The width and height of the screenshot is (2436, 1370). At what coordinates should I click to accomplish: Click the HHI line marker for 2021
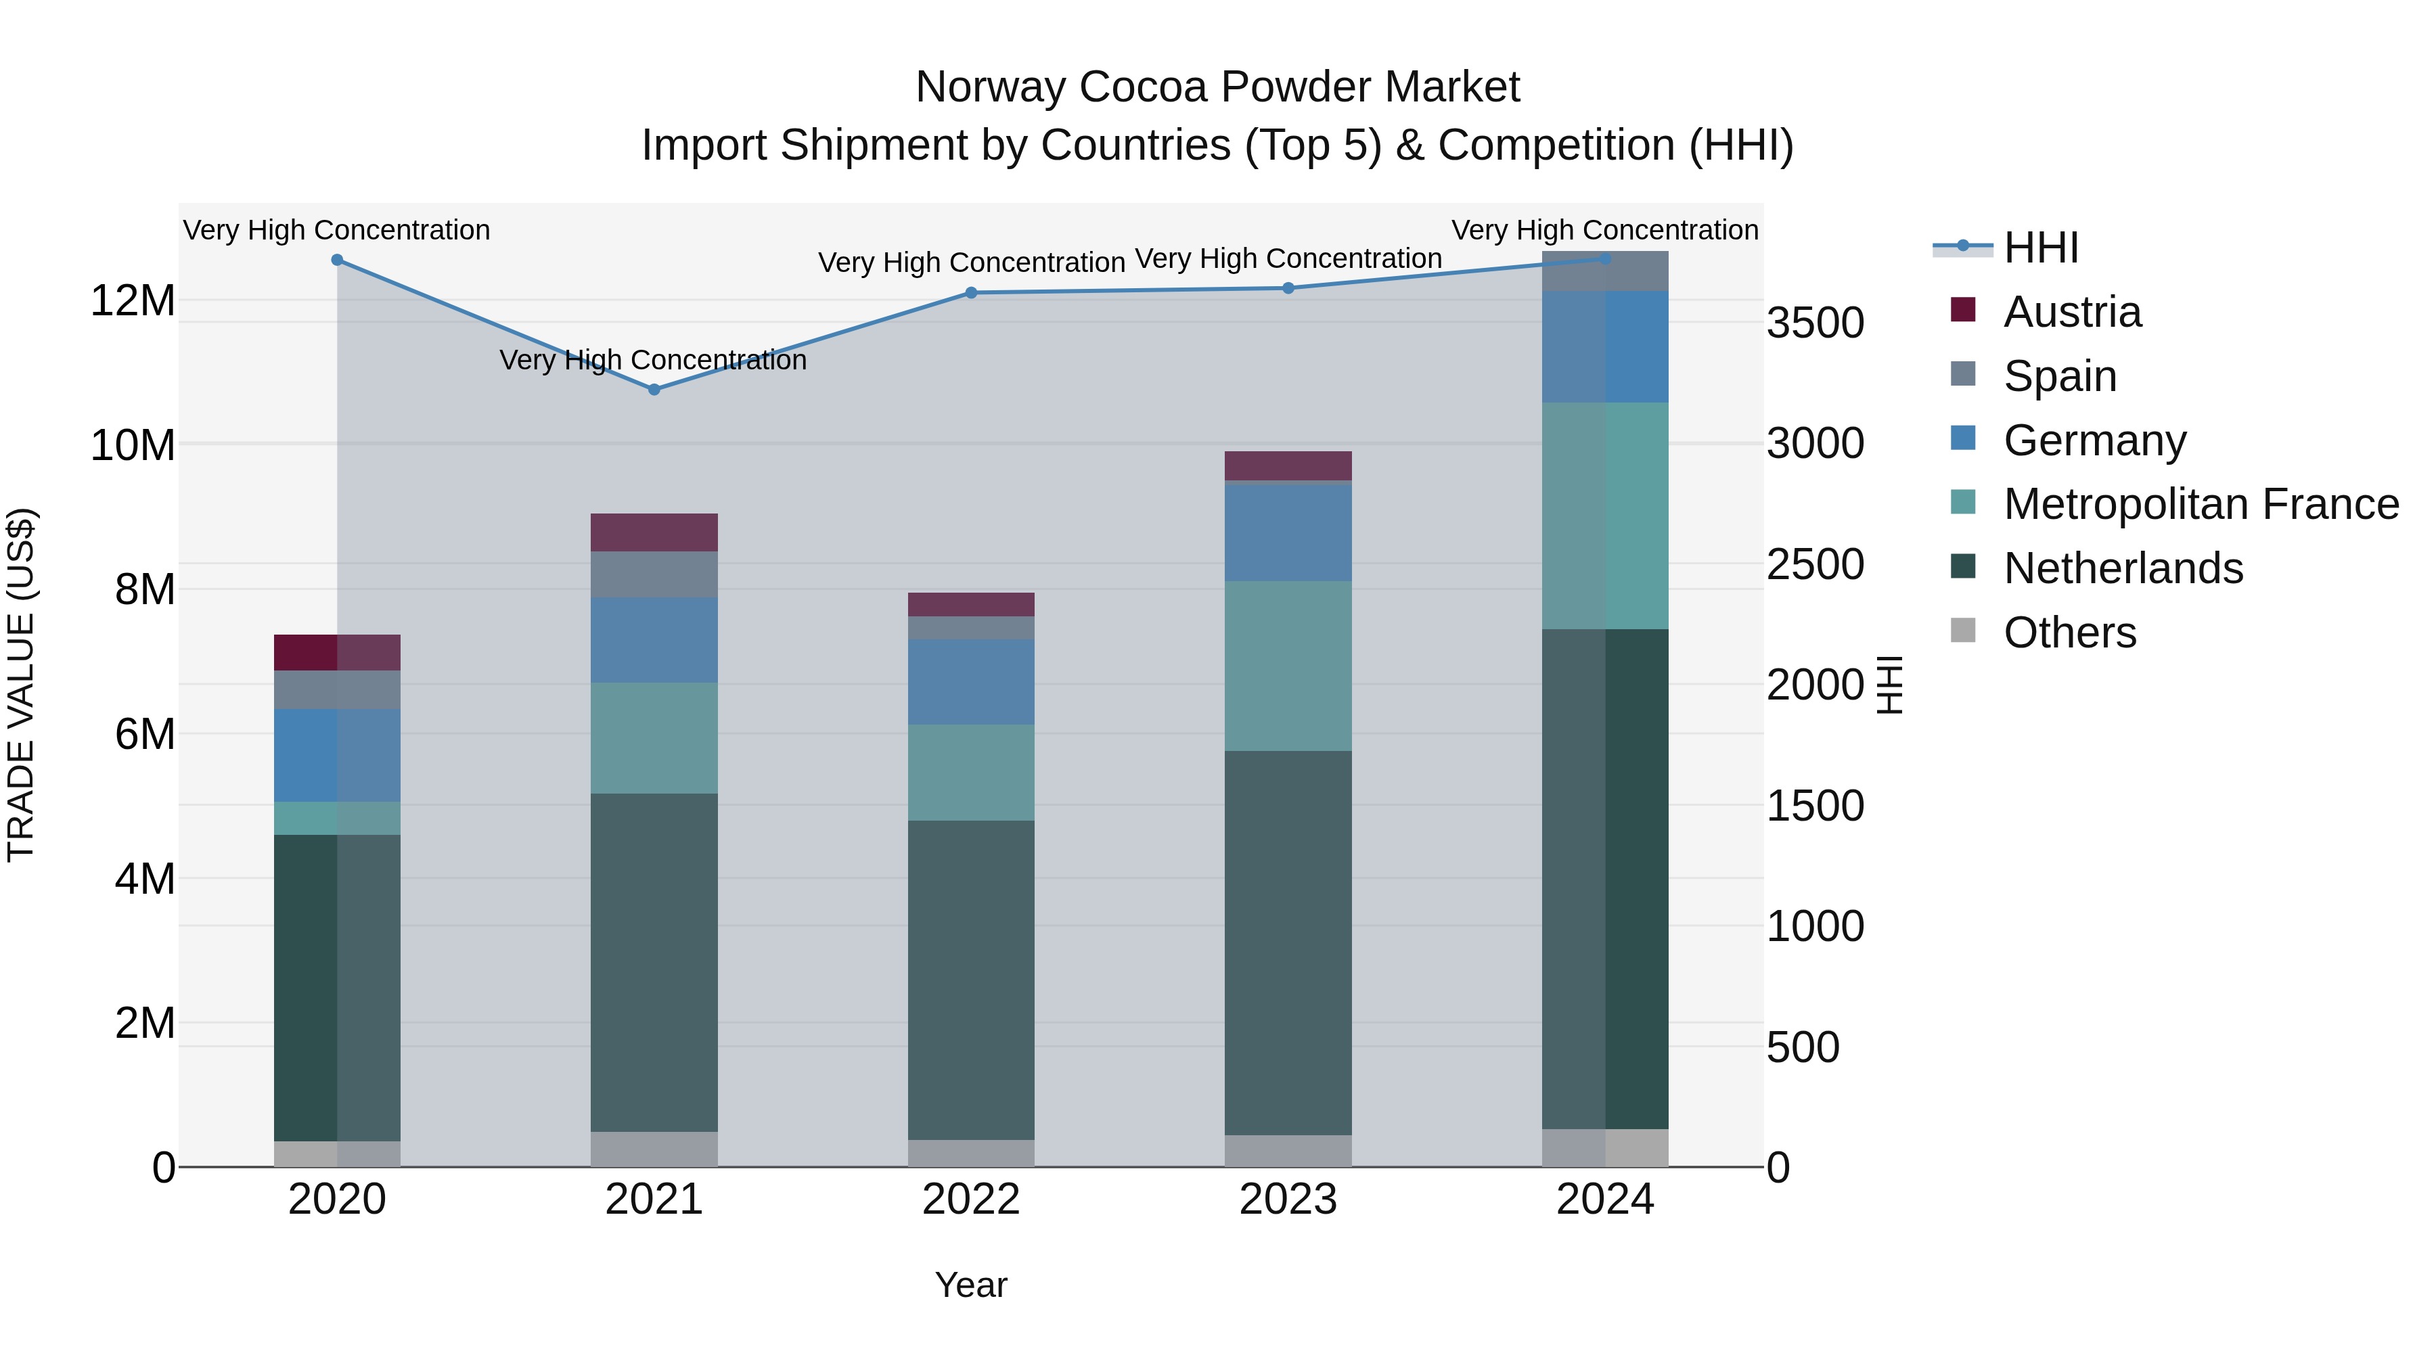point(654,390)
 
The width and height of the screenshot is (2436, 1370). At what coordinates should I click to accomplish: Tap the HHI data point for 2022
point(971,293)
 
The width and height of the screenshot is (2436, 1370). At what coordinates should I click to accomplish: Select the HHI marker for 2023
point(1288,288)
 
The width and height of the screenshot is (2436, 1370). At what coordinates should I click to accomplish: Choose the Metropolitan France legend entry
point(2201,504)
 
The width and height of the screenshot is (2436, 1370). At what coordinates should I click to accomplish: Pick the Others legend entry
point(2069,633)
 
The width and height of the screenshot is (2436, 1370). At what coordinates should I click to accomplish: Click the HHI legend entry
point(2041,248)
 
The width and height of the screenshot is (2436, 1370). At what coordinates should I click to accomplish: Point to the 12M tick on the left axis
point(133,300)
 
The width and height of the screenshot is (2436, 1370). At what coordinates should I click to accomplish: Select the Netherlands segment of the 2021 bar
point(654,963)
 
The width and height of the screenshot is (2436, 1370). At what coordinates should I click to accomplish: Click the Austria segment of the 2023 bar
point(1288,465)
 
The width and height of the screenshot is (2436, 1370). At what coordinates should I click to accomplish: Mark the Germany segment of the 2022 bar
point(971,682)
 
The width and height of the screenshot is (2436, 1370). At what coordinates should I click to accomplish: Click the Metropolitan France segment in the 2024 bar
point(1605,516)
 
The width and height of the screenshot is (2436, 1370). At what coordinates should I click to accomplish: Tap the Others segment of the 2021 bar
point(654,1149)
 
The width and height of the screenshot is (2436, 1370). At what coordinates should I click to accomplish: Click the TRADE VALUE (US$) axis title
point(21,685)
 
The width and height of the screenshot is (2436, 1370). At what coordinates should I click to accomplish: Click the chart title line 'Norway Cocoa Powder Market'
point(1217,87)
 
